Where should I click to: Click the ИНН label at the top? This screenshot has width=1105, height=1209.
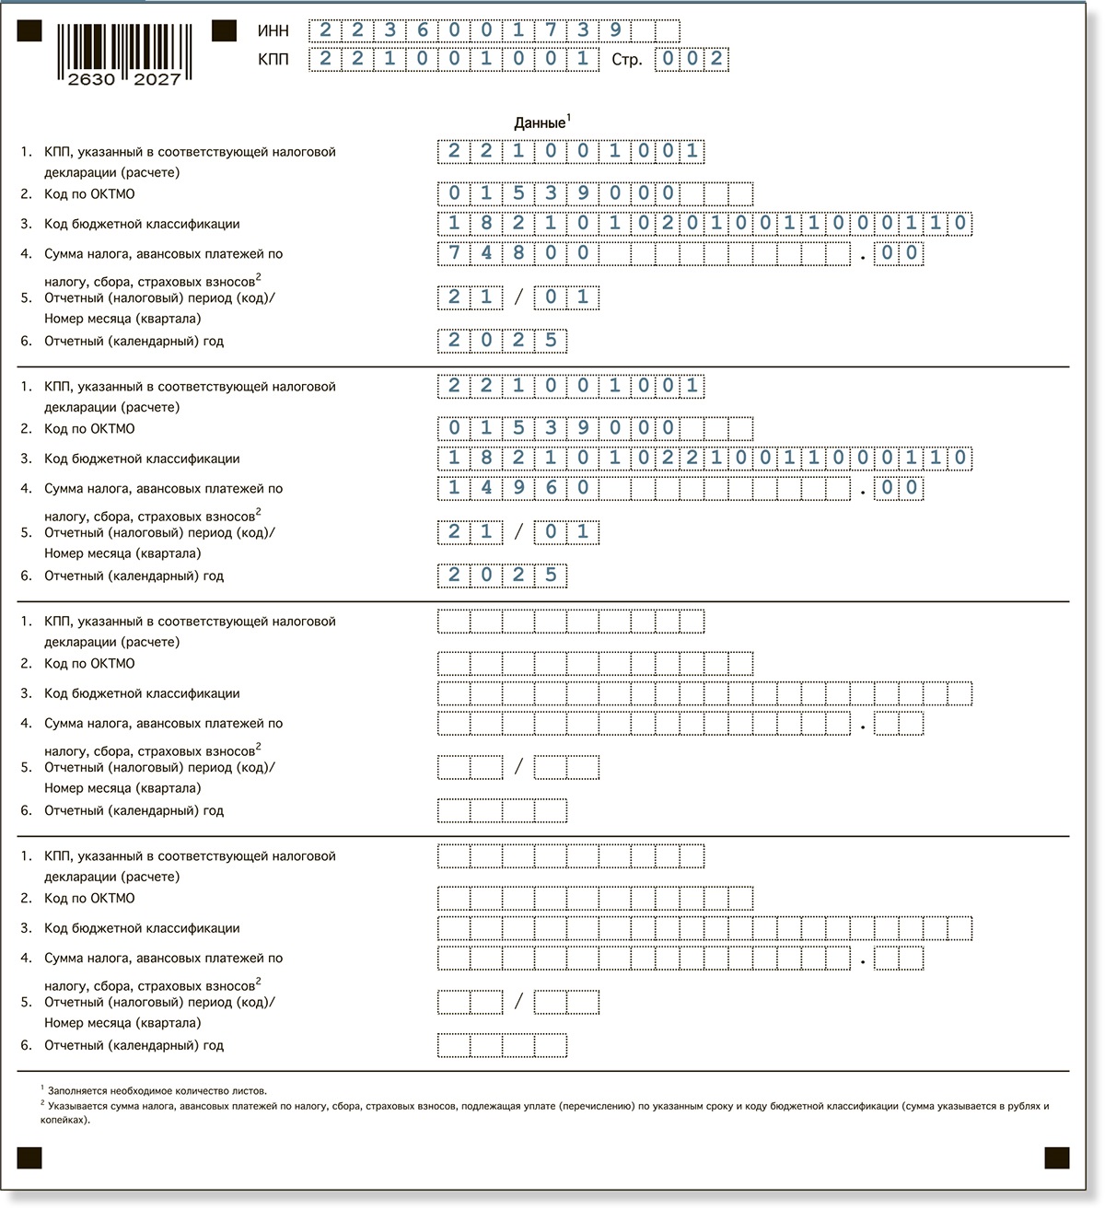[x=273, y=31]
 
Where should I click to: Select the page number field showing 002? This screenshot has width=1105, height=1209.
[x=692, y=60]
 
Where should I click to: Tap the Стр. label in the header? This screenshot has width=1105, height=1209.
[x=626, y=61]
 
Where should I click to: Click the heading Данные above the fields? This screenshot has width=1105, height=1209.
[x=540, y=123]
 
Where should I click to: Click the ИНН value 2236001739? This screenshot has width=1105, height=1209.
[x=470, y=30]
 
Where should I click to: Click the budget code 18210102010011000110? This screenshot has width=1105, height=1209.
[x=704, y=224]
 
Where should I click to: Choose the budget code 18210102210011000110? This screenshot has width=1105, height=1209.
[x=704, y=459]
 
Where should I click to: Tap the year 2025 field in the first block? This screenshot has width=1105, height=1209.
[x=502, y=341]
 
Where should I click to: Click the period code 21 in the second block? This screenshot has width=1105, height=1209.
[x=470, y=532]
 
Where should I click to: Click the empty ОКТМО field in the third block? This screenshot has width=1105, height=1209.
[x=595, y=664]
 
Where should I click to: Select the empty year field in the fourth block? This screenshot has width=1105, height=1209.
[x=502, y=1045]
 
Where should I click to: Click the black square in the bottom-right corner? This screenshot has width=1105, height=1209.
[x=1056, y=1157]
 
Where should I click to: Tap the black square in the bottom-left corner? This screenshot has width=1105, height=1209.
[x=29, y=1157]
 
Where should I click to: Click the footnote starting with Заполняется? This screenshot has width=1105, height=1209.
[x=157, y=1090]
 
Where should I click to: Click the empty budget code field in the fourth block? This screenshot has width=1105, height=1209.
[x=704, y=928]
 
